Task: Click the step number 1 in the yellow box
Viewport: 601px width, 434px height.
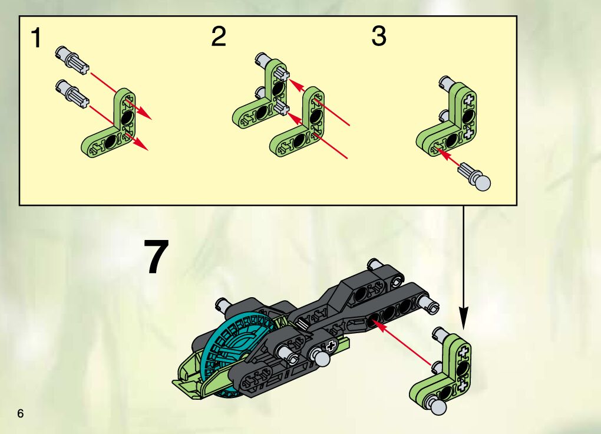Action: [x=36, y=38]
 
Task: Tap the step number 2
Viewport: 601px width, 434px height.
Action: [x=219, y=37]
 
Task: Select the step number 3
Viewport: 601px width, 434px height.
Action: [x=379, y=37]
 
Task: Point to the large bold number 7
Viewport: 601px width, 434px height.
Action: [x=156, y=256]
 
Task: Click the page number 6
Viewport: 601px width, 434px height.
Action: [x=20, y=413]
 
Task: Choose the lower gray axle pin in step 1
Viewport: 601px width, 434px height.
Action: [x=72, y=94]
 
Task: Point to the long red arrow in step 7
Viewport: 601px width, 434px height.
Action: [x=402, y=343]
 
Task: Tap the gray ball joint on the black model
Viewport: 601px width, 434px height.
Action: [x=322, y=357]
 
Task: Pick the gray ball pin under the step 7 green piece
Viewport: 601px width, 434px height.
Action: [x=438, y=406]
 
